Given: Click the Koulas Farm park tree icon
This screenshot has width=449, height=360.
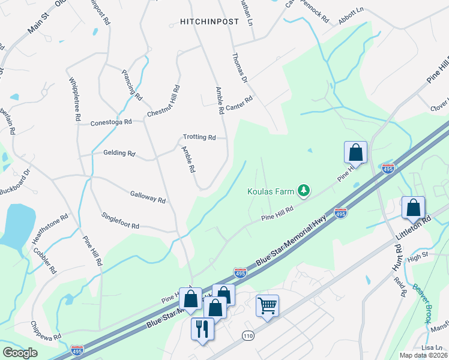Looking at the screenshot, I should [x=304, y=191].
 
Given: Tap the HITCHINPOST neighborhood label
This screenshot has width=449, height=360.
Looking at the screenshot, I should [x=209, y=22].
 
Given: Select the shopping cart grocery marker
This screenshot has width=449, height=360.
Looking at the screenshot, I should [x=267, y=305].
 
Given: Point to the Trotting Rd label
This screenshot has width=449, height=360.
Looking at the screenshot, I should [x=199, y=137].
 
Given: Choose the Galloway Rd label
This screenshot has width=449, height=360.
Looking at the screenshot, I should [x=148, y=196].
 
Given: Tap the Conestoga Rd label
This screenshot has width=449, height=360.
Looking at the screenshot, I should [x=110, y=123].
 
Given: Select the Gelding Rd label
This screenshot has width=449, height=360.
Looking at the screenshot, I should [x=119, y=153].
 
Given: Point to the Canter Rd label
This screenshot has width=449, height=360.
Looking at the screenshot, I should [x=240, y=103].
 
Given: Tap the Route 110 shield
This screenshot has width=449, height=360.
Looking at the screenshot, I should [x=248, y=335].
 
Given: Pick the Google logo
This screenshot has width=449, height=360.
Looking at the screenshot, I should [x=20, y=353].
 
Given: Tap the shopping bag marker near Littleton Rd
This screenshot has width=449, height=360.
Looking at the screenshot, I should [x=413, y=208].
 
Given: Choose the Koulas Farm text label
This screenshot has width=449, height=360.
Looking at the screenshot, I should [x=271, y=192].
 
